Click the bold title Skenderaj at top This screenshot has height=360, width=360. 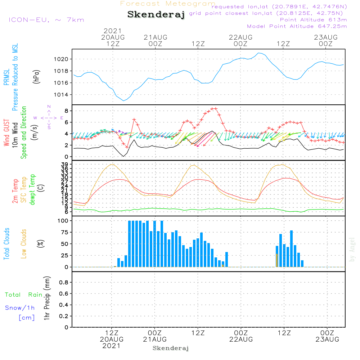click(156, 15)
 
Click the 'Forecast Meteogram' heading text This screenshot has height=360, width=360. click(168, 4)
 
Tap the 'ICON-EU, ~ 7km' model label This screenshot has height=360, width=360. click(46, 19)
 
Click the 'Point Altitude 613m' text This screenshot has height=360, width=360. click(313, 20)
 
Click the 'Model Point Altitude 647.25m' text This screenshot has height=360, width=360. click(297, 26)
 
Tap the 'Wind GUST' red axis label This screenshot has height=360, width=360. click(7, 133)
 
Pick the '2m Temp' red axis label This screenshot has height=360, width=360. click(15, 191)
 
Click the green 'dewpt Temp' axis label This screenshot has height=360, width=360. click(32, 190)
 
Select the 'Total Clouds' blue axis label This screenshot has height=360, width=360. click(7, 244)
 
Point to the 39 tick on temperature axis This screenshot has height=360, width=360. click(65, 164)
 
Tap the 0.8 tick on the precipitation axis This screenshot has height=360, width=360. click(63, 283)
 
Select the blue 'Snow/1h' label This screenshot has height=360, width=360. click(20, 308)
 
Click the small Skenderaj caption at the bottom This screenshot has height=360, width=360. click(171, 348)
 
